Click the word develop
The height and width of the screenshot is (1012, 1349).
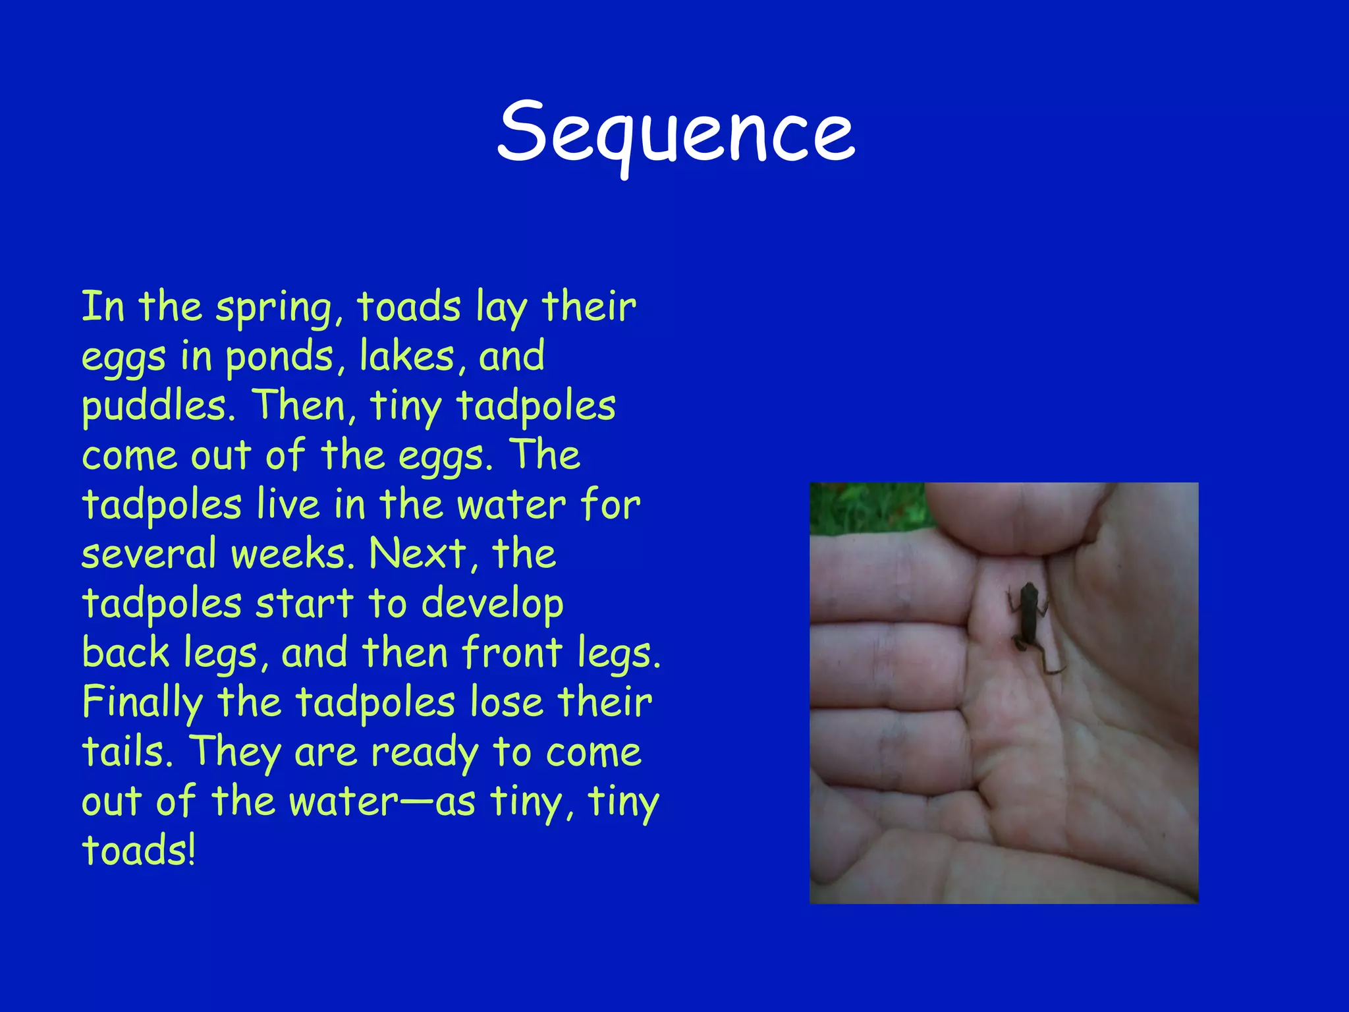[x=492, y=605]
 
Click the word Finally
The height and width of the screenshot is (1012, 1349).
[x=142, y=704]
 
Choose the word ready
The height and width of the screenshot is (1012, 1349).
[x=425, y=753]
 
